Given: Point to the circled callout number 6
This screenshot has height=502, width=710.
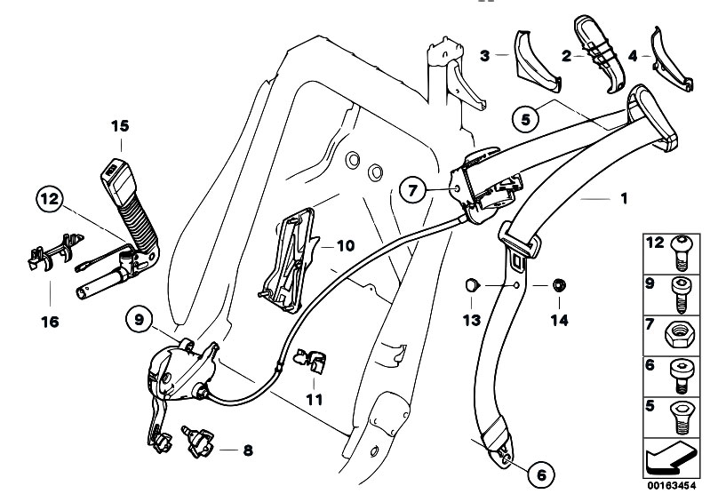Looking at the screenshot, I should pyautogui.click(x=538, y=474).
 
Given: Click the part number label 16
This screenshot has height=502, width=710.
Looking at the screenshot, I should pyautogui.click(x=50, y=322).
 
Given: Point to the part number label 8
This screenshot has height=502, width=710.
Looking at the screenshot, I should pyautogui.click(x=247, y=450).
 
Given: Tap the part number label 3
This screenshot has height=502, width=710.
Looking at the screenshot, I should pyautogui.click(x=484, y=55).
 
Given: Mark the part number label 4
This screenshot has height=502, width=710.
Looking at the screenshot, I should pyautogui.click(x=633, y=55).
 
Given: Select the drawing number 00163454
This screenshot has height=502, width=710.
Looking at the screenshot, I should pyautogui.click(x=671, y=487).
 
